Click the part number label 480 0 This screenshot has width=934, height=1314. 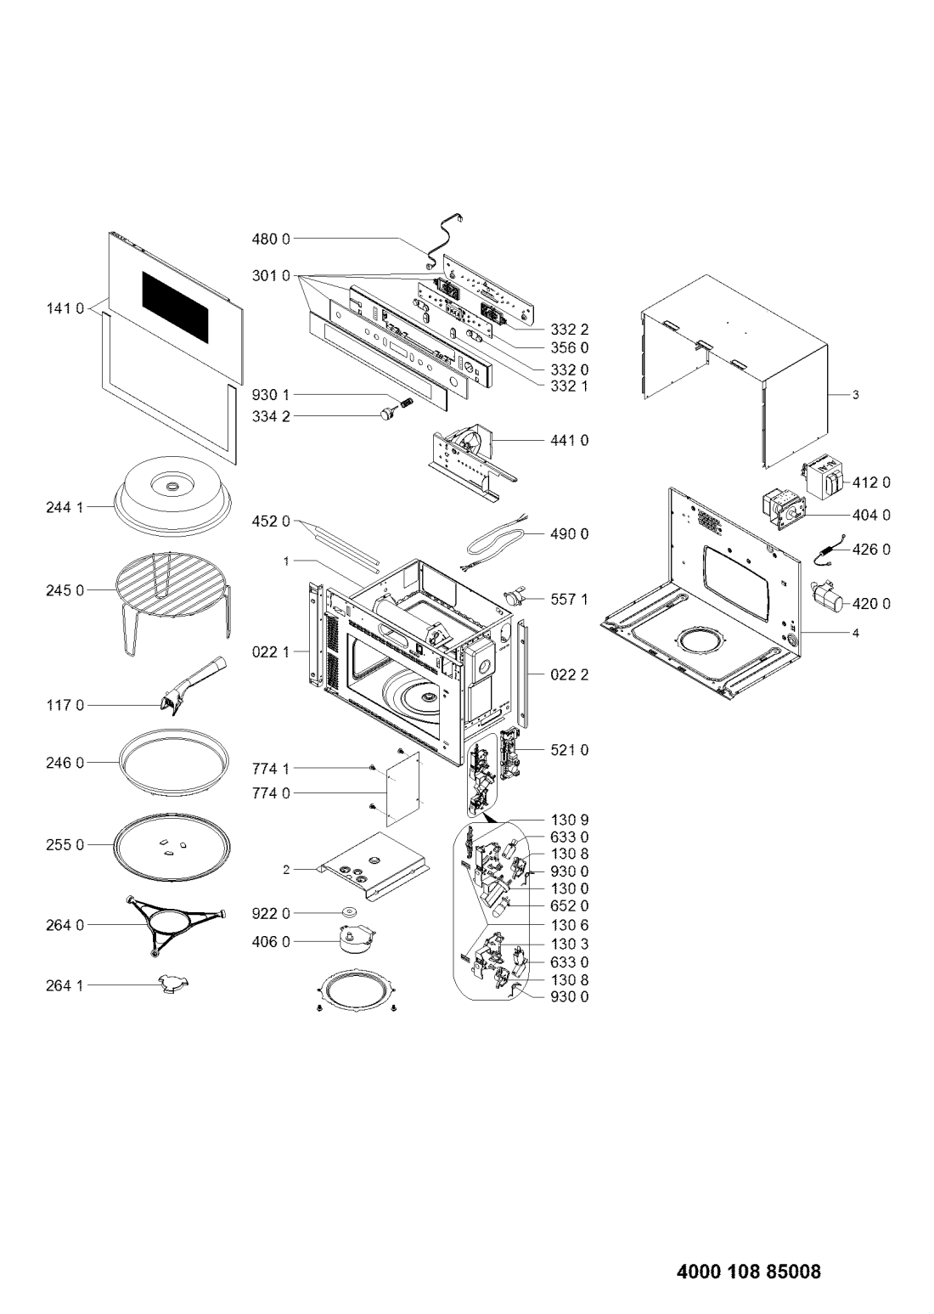click(x=271, y=240)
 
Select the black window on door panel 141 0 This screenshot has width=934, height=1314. click(x=175, y=308)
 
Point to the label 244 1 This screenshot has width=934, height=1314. click(x=65, y=507)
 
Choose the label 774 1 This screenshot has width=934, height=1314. click(x=271, y=768)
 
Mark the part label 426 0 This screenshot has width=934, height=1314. click(x=871, y=550)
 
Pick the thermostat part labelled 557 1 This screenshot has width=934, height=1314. click(x=516, y=598)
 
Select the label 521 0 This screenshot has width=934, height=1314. click(x=570, y=750)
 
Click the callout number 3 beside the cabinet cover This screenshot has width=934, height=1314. click(x=855, y=395)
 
